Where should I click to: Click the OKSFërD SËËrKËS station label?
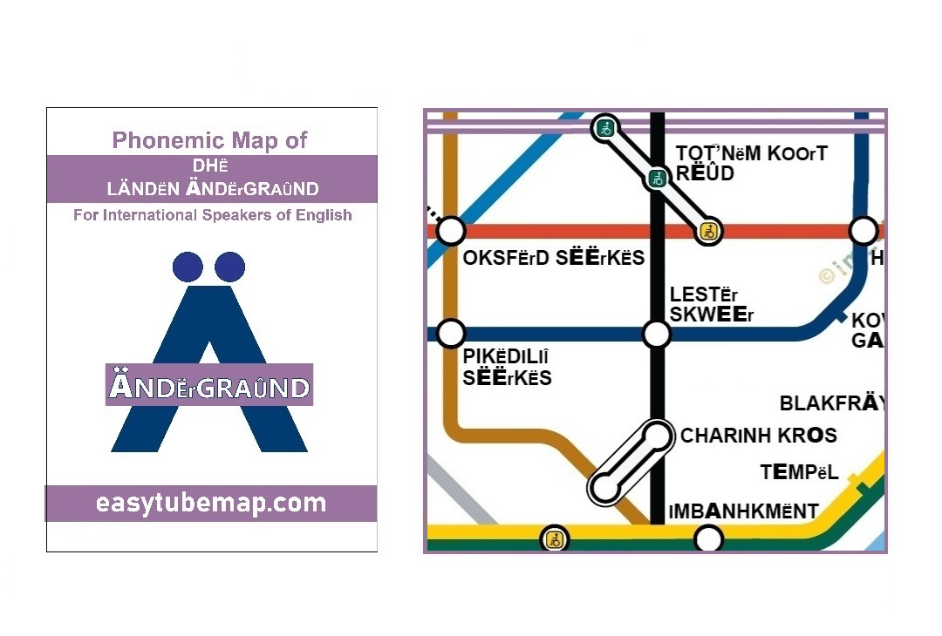[554, 258]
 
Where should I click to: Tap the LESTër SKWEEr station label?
[711, 304]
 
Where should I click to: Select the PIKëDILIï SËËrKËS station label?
[507, 368]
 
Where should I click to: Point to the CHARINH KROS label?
[758, 436]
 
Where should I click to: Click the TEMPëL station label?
[799, 473]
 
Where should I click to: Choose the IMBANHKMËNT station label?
[743, 511]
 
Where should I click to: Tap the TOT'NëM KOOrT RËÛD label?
[750, 163]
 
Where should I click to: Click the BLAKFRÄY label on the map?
[831, 403]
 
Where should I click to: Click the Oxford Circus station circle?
[450, 232]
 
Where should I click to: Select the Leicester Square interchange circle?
[657, 334]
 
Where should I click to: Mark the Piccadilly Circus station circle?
[450, 333]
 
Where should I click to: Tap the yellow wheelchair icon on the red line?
[709, 232]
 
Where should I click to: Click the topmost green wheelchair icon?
[604, 129]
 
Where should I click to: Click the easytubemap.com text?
[211, 503]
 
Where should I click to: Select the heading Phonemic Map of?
[210, 140]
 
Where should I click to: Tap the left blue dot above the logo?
[188, 267]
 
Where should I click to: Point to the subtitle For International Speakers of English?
[213, 214]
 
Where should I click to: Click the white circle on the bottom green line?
[708, 539]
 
